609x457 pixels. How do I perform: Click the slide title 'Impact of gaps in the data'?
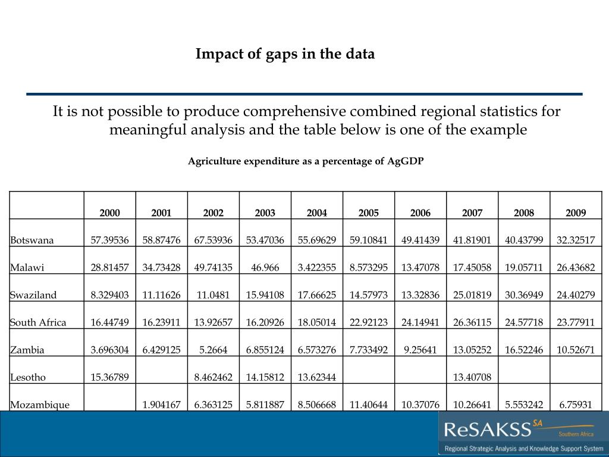coord(285,54)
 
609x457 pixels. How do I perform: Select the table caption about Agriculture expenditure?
coord(306,161)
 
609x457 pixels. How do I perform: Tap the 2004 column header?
coord(317,213)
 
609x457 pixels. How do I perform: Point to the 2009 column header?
coord(576,213)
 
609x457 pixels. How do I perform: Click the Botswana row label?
coord(32,240)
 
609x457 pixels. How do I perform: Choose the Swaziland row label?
coord(33,295)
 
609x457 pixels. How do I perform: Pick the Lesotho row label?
coord(28,377)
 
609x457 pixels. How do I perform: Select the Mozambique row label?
coord(40,405)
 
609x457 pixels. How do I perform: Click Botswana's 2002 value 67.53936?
coord(214,240)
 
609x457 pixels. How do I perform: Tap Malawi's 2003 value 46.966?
coord(265,268)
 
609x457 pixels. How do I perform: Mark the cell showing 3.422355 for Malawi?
coord(317,268)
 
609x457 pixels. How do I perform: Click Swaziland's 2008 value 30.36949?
coord(524,295)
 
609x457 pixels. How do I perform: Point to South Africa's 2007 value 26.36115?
coord(472,323)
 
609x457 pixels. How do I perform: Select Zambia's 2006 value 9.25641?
coord(420,350)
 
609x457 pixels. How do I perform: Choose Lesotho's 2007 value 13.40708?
coord(472,377)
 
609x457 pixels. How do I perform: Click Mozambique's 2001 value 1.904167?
coord(162,405)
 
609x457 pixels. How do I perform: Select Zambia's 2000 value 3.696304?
coord(110,350)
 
